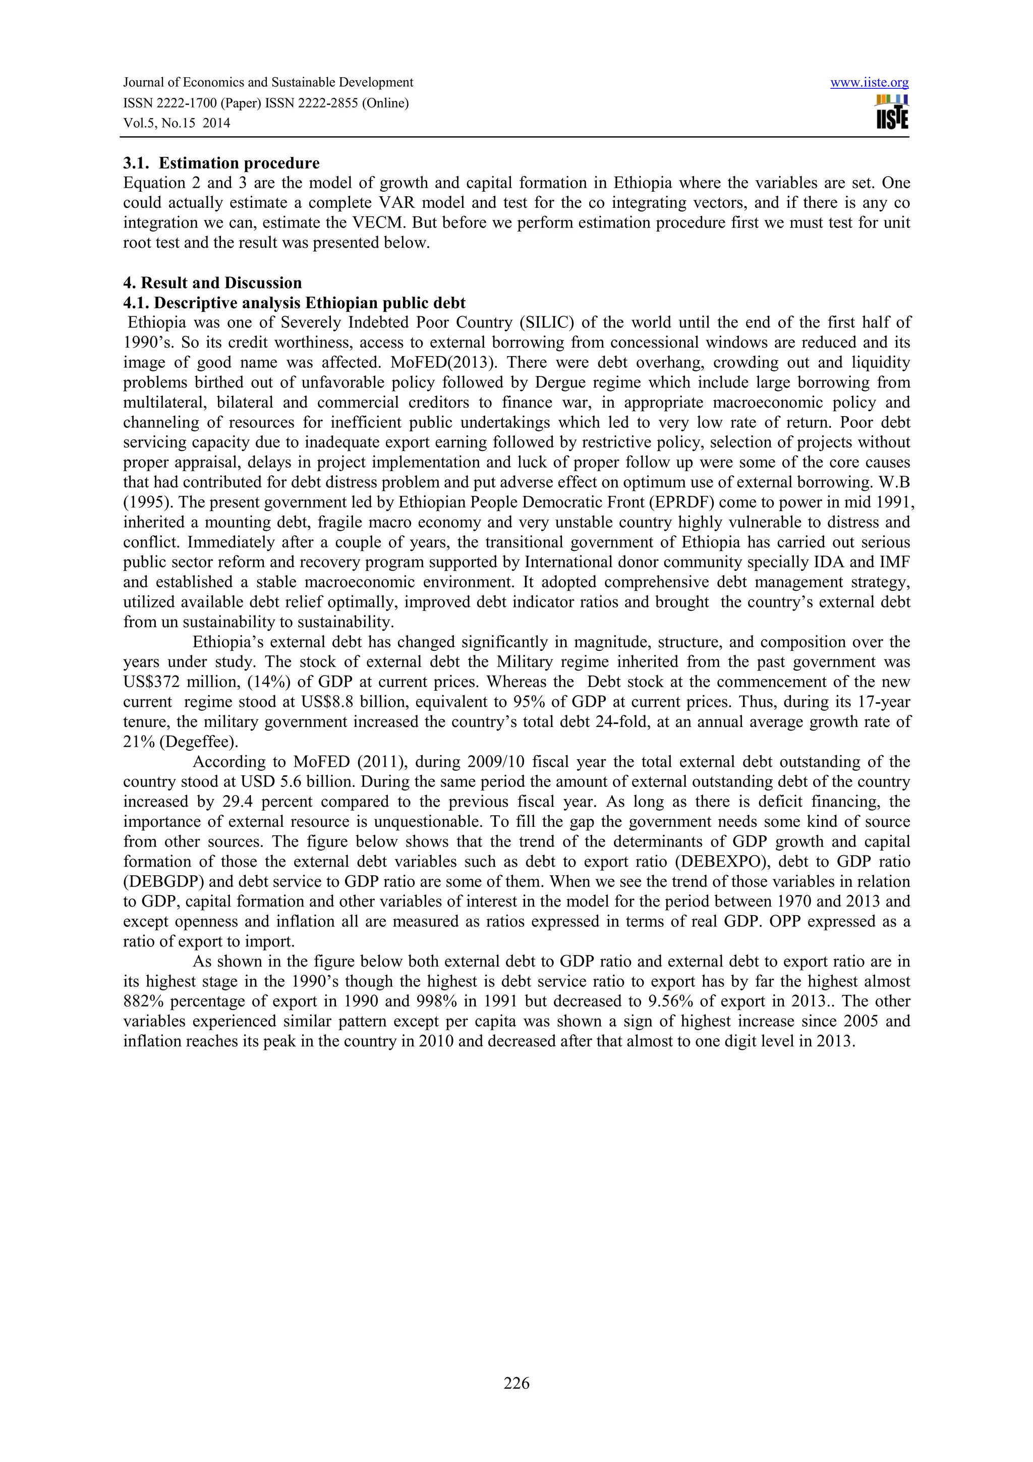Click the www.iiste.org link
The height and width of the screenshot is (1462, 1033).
point(870,83)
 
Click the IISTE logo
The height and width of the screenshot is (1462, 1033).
point(892,113)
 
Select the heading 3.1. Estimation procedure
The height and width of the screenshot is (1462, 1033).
point(221,163)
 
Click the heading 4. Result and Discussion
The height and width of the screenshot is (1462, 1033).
point(212,283)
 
